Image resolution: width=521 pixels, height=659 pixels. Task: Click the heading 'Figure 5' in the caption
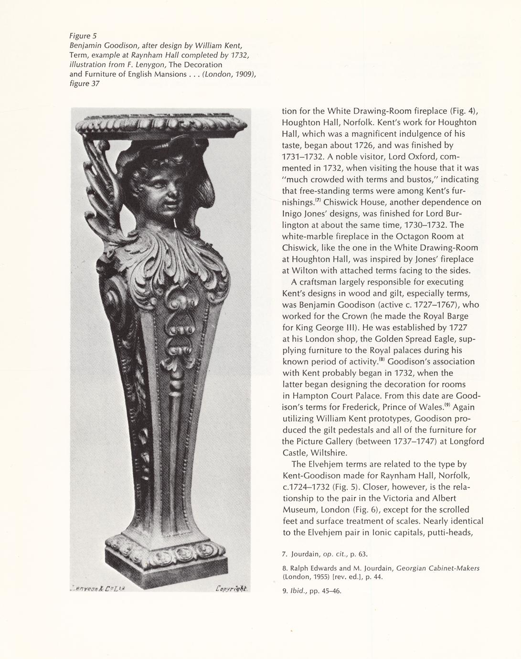83,36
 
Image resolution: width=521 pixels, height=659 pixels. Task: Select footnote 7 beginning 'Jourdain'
324,554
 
